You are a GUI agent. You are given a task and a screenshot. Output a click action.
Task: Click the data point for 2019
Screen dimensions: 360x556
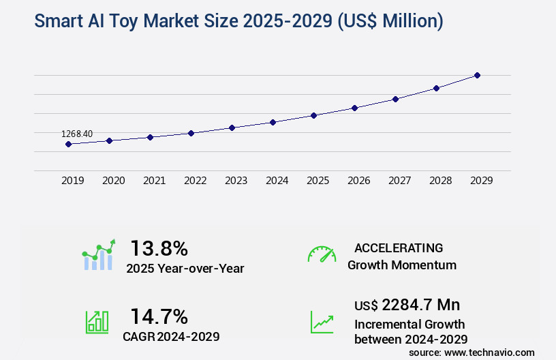[x=68, y=144]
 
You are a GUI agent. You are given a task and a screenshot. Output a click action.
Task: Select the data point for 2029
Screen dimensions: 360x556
[x=477, y=75]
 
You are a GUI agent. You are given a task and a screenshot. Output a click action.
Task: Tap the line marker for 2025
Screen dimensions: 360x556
[x=313, y=115]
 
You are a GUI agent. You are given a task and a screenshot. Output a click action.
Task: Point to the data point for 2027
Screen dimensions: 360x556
[x=395, y=99]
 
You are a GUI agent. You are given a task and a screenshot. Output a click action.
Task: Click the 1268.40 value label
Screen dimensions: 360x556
[x=77, y=134]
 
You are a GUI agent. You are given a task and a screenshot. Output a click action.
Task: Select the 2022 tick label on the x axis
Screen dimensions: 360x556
[x=195, y=181]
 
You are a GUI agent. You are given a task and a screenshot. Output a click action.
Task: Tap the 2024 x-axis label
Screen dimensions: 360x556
[x=277, y=181]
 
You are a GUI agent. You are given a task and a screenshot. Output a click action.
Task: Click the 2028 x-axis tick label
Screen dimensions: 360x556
[x=440, y=181]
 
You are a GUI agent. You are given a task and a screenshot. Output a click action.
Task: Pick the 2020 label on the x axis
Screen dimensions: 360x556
[x=113, y=181]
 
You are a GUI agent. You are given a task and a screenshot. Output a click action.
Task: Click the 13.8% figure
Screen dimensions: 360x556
[x=159, y=248]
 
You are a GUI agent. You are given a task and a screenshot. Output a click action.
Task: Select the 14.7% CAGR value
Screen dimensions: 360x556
[x=159, y=316]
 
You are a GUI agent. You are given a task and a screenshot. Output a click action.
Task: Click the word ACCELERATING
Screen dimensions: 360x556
[x=399, y=247]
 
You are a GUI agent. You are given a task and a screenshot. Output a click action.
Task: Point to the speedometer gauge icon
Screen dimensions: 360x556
[x=322, y=254]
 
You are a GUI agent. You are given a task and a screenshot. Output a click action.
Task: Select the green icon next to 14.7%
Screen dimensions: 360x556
[x=97, y=322]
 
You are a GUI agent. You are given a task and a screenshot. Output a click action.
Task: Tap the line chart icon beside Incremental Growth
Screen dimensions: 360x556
[x=322, y=322]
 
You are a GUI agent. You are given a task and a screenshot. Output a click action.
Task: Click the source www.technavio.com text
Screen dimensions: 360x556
[x=472, y=352]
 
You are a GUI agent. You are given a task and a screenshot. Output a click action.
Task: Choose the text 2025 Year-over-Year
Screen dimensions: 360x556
[x=185, y=269]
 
